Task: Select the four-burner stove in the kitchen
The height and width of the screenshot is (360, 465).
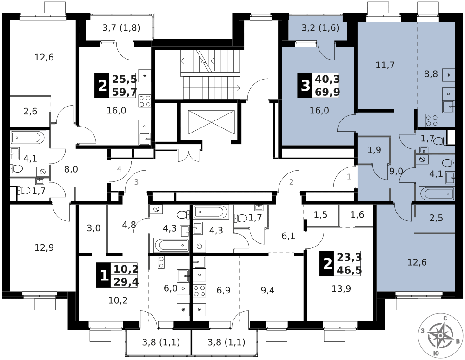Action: coord(432,120)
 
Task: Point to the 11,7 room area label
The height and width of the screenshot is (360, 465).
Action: coord(385,65)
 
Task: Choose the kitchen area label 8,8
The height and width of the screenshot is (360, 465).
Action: coord(431,73)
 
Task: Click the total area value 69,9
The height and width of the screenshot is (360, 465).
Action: coord(327,91)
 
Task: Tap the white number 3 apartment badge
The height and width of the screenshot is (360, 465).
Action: coord(305,86)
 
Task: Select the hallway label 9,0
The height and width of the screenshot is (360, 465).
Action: coord(396,172)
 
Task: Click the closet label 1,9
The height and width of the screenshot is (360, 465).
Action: coord(374,150)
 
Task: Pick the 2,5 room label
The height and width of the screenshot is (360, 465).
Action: coord(435,217)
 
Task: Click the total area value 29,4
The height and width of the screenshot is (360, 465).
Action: coord(125,281)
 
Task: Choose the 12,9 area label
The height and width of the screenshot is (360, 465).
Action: coord(44,247)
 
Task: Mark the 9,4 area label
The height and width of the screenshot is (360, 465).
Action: coord(267,291)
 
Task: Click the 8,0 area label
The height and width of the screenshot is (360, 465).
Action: coord(71,169)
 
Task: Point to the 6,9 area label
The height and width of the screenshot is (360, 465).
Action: coord(223,291)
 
